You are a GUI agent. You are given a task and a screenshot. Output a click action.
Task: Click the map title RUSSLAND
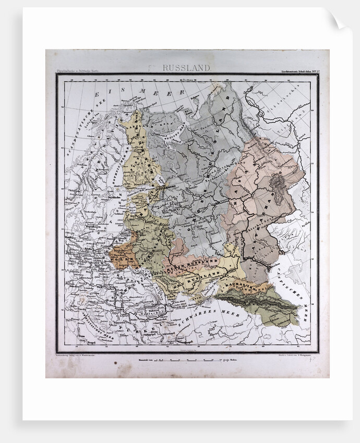(x=186, y=67)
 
